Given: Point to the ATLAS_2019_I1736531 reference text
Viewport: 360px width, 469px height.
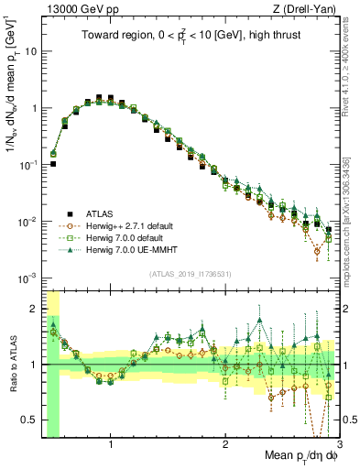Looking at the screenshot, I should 191,274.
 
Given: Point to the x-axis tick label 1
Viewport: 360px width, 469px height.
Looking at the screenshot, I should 111,445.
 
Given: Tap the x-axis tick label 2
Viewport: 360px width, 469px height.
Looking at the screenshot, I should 225,445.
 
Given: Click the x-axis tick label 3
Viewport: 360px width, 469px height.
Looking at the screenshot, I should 338,445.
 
